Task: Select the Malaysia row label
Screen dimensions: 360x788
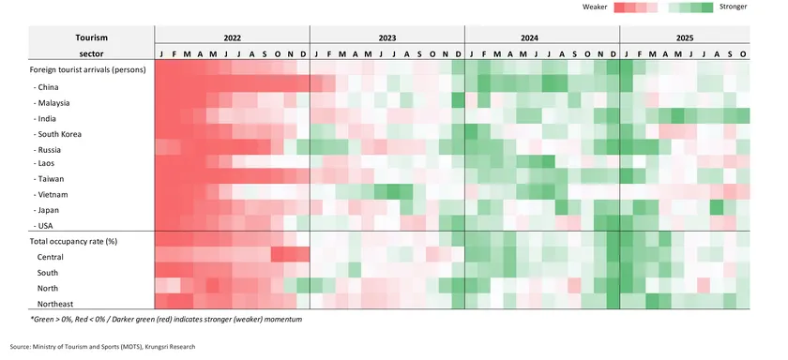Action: coord(54,102)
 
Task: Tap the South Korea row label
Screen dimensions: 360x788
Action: coord(59,134)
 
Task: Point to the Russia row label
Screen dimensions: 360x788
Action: coord(51,149)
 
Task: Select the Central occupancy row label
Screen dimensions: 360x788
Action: coord(53,256)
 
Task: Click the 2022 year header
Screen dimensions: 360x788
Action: coord(232,38)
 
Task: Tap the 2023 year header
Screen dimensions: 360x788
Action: coord(386,38)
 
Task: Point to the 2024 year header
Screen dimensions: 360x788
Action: coord(542,38)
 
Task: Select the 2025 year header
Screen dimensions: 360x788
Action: coord(685,38)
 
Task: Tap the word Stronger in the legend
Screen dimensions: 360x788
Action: coord(734,7)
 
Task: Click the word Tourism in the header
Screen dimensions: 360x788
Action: coord(92,37)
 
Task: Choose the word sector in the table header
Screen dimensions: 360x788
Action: coord(92,54)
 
